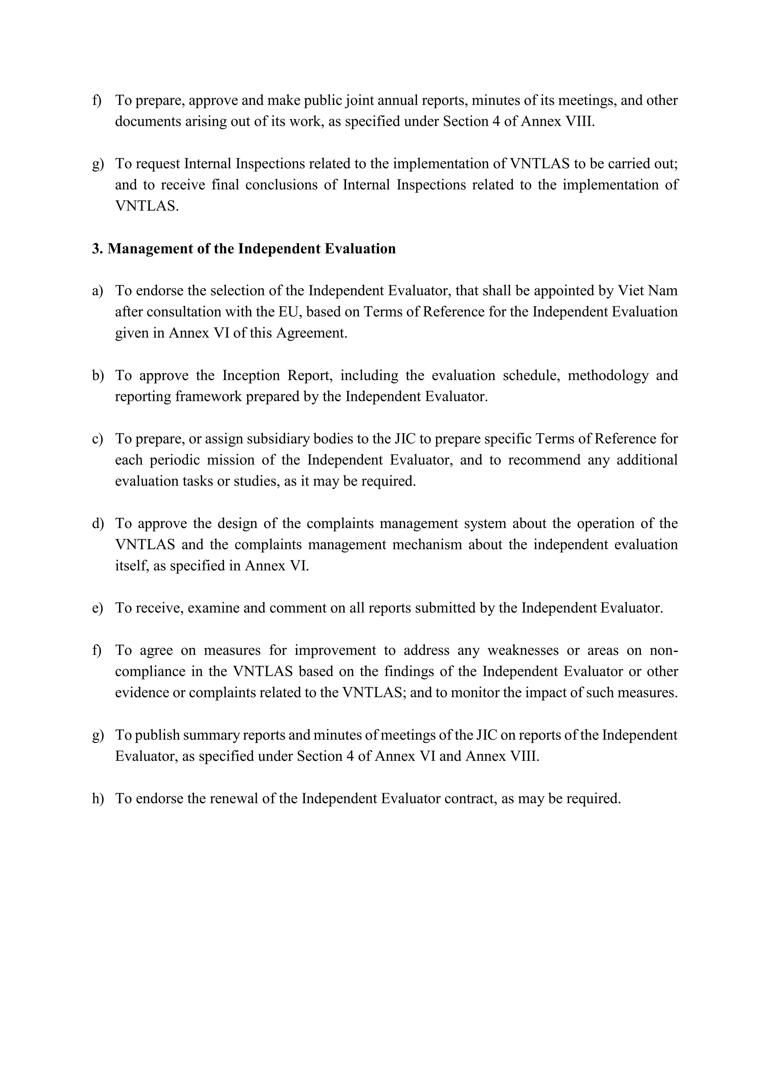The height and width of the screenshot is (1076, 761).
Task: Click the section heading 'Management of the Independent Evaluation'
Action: pyautogui.click(x=251, y=249)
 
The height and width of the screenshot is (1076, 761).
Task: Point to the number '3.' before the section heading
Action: pyautogui.click(x=97, y=249)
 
